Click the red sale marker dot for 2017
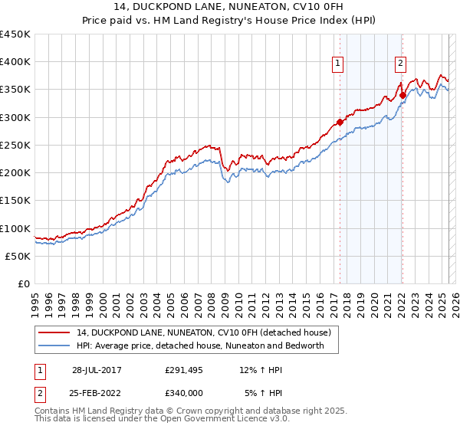click(x=340, y=122)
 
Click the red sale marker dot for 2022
click(x=402, y=95)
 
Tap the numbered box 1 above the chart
click(x=338, y=64)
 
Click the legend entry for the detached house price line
click(x=203, y=332)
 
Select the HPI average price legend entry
click(x=201, y=345)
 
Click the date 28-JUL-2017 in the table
click(x=97, y=369)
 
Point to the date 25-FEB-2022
click(x=97, y=393)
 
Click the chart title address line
click(x=229, y=9)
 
